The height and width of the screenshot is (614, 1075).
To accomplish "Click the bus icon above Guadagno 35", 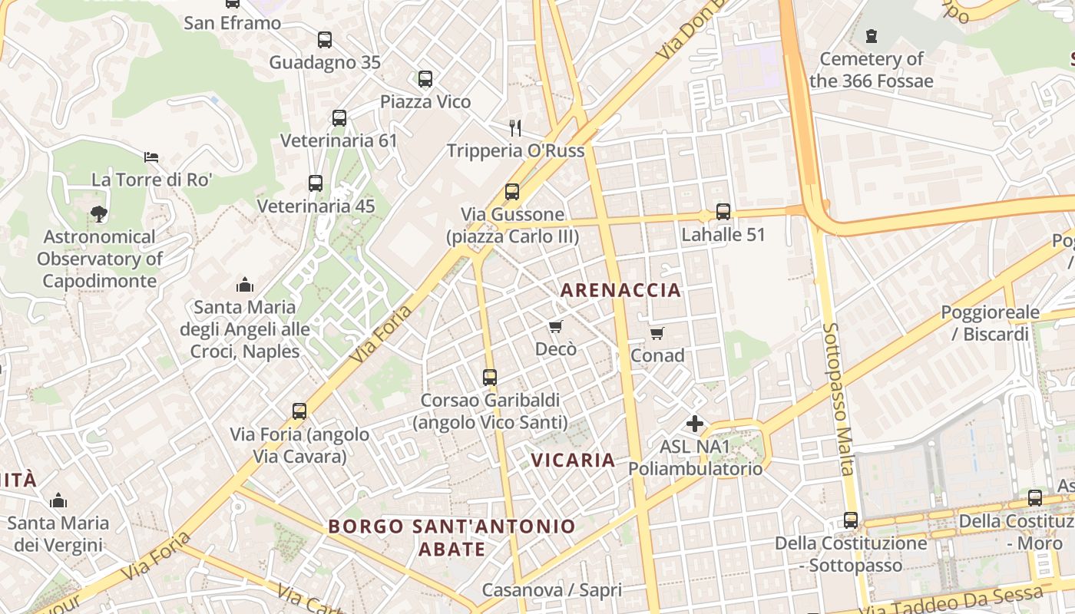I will pyautogui.click(x=324, y=40).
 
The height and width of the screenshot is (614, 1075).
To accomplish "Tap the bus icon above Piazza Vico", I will pyautogui.click(x=425, y=79).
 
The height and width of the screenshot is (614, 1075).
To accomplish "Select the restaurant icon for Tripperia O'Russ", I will pyautogui.click(x=515, y=127).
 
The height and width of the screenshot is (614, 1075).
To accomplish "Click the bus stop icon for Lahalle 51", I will pyautogui.click(x=723, y=212).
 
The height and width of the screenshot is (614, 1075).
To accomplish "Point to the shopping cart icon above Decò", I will pyautogui.click(x=556, y=327).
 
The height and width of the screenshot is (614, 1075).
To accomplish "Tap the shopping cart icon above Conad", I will pyautogui.click(x=657, y=333).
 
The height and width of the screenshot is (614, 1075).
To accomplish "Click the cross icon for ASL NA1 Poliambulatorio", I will pyautogui.click(x=695, y=424).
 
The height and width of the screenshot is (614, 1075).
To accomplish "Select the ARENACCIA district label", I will pyautogui.click(x=620, y=290).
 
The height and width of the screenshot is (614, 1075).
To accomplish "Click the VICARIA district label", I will pyautogui.click(x=574, y=460).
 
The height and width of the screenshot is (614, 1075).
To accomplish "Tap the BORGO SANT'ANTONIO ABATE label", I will pyautogui.click(x=452, y=537).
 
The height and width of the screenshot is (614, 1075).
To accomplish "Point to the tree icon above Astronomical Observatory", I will pyautogui.click(x=98, y=214).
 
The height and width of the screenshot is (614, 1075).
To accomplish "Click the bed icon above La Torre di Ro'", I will pyautogui.click(x=151, y=157).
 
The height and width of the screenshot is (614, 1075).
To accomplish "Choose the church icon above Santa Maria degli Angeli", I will pyautogui.click(x=245, y=285).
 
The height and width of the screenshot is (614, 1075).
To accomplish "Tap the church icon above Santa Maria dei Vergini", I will pyautogui.click(x=58, y=501).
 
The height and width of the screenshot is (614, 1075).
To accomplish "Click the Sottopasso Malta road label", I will pyautogui.click(x=838, y=398).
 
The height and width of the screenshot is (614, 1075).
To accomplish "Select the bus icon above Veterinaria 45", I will pyautogui.click(x=316, y=183).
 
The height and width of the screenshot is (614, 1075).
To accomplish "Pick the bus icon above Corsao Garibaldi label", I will pyautogui.click(x=490, y=378).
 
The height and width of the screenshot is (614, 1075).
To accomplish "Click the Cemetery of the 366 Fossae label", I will pyautogui.click(x=872, y=70).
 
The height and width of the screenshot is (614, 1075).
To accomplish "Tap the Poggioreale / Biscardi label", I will pyautogui.click(x=991, y=323).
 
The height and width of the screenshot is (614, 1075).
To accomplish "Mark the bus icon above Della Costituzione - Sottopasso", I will pyautogui.click(x=851, y=520).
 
